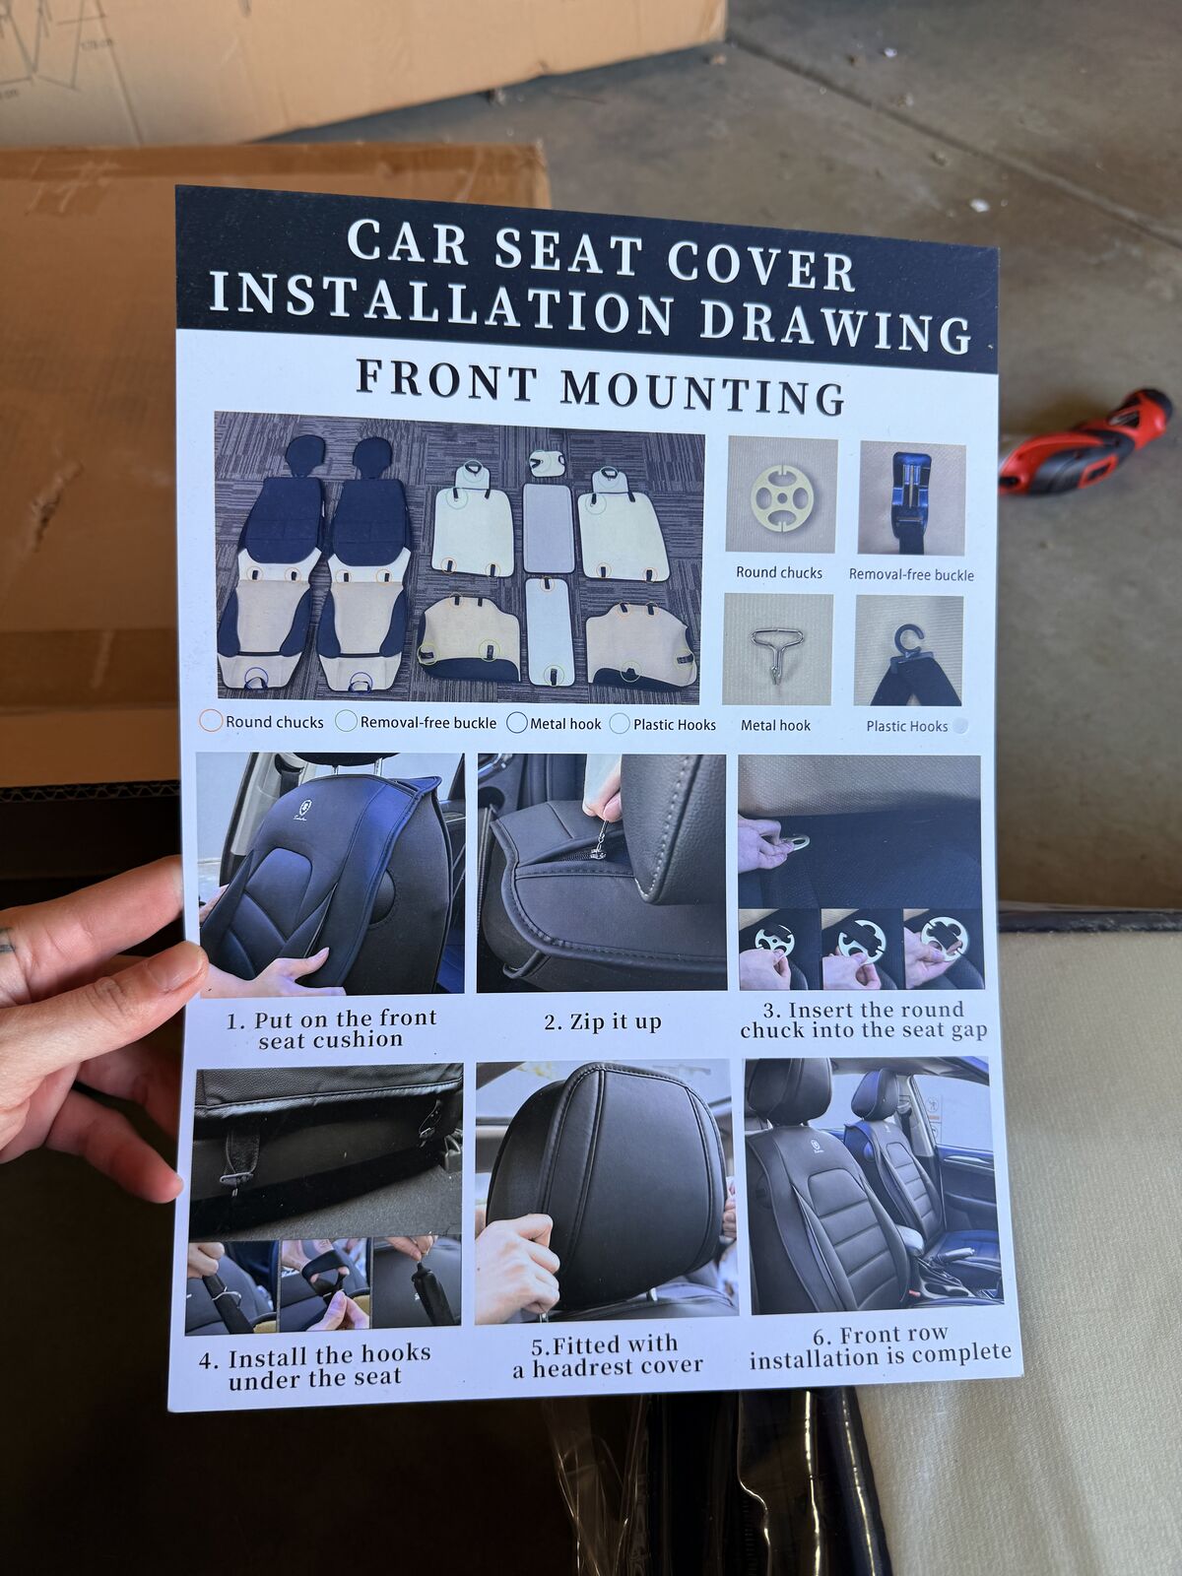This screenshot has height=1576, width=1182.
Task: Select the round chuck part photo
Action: [781, 494]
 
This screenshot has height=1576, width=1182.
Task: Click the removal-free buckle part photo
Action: [912, 498]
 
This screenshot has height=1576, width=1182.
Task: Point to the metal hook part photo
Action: [777, 650]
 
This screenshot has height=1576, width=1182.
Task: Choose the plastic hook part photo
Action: [908, 650]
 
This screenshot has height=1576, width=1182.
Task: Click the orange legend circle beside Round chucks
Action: [211, 720]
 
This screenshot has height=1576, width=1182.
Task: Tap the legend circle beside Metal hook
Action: [517, 723]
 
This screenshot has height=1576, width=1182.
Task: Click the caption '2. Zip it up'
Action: [603, 1021]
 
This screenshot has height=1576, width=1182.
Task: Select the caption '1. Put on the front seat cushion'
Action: [331, 1029]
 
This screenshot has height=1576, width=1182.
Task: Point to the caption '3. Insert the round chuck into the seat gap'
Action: [864, 1020]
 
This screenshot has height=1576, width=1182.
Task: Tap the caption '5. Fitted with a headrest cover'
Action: [608, 1356]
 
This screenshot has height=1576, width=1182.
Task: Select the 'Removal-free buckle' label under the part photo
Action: [911, 574]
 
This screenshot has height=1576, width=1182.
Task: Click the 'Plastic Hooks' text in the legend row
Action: [675, 724]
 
